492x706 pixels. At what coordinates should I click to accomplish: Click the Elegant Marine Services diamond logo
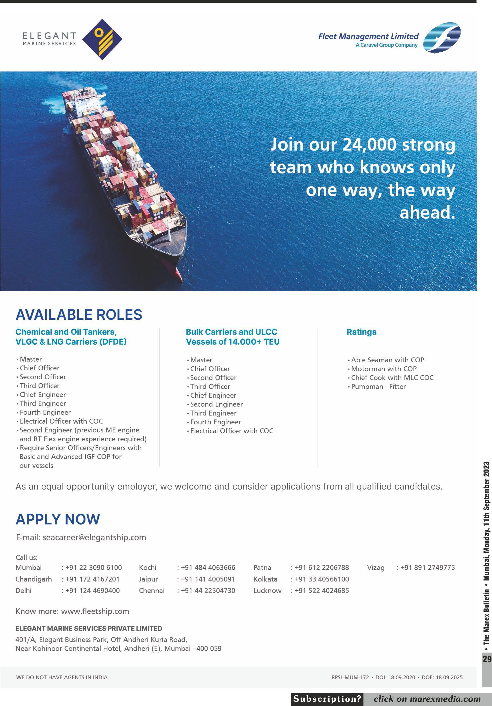(102, 39)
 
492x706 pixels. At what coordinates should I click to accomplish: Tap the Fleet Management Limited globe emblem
(442, 38)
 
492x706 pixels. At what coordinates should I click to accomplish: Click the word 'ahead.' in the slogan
(427, 212)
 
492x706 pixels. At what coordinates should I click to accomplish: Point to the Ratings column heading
(361, 332)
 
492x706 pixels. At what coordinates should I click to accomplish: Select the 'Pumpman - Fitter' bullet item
(378, 387)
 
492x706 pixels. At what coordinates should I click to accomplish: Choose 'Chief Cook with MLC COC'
(392, 378)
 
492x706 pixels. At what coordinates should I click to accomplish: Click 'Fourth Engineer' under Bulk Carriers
(215, 422)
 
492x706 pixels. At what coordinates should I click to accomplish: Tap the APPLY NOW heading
(58, 519)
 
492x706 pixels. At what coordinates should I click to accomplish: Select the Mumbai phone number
(94, 567)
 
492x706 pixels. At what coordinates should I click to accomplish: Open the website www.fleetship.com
(95, 611)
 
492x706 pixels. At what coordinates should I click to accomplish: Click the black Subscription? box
(327, 699)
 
